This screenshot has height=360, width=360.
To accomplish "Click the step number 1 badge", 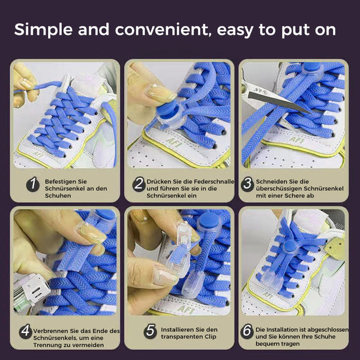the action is coord(33,184).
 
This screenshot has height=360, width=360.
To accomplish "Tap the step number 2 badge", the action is coord(139,184).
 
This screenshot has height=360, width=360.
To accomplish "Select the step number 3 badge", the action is coord(247,184).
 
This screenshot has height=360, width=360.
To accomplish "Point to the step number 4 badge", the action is coord(25,331).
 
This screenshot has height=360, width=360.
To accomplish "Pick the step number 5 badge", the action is coord(151,331).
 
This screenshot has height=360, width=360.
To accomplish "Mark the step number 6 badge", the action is coord(247,331).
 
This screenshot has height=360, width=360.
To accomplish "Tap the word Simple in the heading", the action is coord(43,30).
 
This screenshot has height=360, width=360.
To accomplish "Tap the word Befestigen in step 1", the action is coord(58,182).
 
